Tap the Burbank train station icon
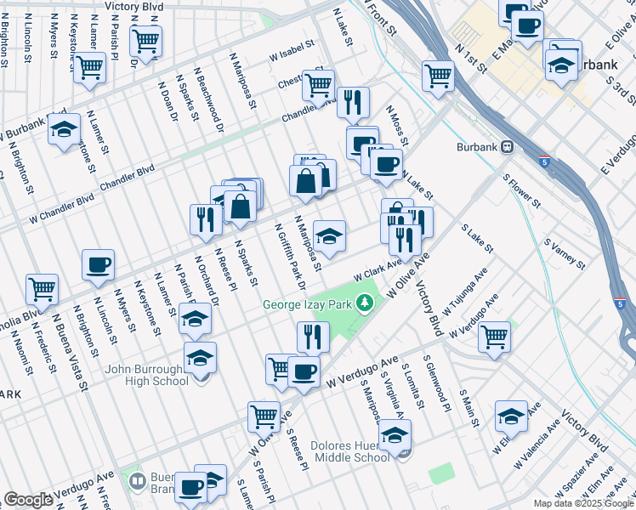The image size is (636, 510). pyautogui.click(x=508, y=145)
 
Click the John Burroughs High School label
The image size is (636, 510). pyautogui.click(x=147, y=375)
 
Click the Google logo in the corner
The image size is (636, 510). pyautogui.click(x=27, y=500)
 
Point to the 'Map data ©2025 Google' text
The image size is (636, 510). pyautogui.click(x=582, y=503)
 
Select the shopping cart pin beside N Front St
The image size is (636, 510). pyautogui.click(x=439, y=75)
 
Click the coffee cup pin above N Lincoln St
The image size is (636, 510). pyautogui.click(x=98, y=264)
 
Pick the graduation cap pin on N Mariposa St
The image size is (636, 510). pyautogui.click(x=329, y=234)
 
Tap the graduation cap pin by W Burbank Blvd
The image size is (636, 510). pyautogui.click(x=64, y=129)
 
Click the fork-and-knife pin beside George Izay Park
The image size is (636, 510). pyautogui.click(x=313, y=337)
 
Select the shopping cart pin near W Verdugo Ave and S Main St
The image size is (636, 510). pyautogui.click(x=495, y=336)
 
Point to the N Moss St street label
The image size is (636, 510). pyautogui.click(x=397, y=124)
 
